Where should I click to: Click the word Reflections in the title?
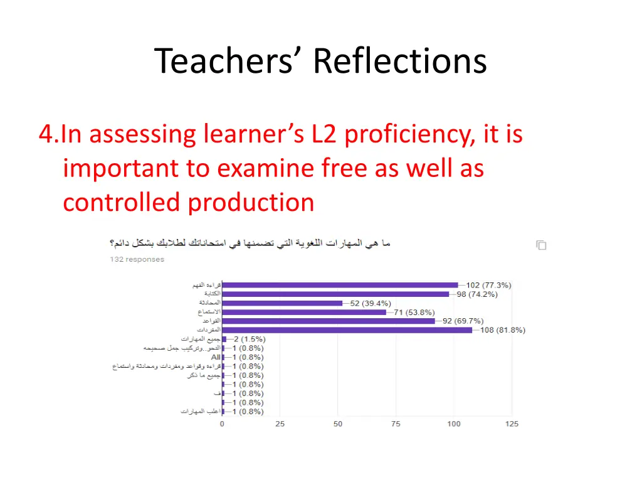pyautogui.click(x=399, y=62)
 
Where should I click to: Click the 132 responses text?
pyautogui.click(x=137, y=259)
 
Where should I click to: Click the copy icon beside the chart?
pyautogui.click(x=541, y=245)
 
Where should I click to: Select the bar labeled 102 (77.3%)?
pyautogui.click(x=340, y=285)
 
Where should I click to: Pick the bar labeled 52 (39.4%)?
pyautogui.click(x=282, y=303)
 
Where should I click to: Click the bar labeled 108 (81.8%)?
pyautogui.click(x=347, y=330)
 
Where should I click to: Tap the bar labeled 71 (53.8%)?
pyautogui.click(x=304, y=312)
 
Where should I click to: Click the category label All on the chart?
pyautogui.click(x=216, y=357)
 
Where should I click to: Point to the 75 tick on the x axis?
pyautogui.click(x=396, y=424)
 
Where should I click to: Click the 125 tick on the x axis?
pyautogui.click(x=512, y=424)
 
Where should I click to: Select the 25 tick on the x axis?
pyautogui.click(x=280, y=424)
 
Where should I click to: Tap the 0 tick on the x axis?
pyautogui.click(x=222, y=424)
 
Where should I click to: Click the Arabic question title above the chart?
pyautogui.click(x=250, y=244)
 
